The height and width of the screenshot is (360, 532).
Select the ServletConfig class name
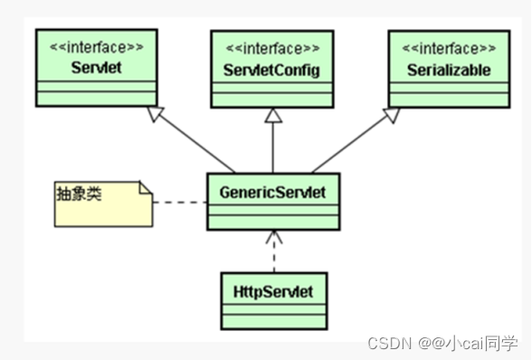coord(272,70)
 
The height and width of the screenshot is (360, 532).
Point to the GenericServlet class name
coord(272,192)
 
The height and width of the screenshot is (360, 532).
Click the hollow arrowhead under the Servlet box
coord(156,113)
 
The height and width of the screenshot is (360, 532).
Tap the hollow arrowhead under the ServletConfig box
coord(272,115)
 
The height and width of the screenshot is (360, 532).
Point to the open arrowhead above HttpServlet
coord(272,239)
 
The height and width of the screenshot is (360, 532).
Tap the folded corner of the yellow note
coord(146,188)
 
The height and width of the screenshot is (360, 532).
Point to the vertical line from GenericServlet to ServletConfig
coord(272,147)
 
